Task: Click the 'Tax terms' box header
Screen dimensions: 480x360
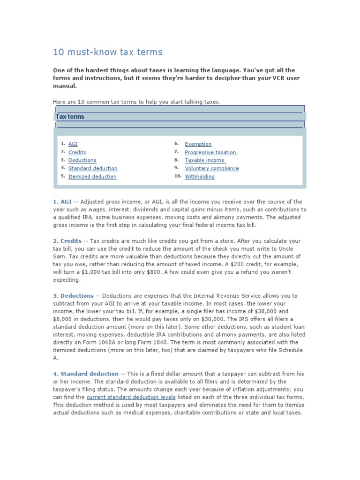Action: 70,117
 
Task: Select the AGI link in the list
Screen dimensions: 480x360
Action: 73,144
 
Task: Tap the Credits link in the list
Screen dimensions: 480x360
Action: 77,152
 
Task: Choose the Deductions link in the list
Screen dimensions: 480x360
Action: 82,160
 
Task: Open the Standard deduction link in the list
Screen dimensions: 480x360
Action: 93,168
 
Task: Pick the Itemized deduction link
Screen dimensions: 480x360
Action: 92,177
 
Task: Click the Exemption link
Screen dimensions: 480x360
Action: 198,144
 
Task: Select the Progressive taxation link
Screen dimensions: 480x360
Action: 211,152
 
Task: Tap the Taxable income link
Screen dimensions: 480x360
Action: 204,160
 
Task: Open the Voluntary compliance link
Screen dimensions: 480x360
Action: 211,168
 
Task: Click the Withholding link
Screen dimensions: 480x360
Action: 200,177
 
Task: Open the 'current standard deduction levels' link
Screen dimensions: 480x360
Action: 131,397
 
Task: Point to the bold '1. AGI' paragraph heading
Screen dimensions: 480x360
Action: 62,202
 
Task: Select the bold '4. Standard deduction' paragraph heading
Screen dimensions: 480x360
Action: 85,374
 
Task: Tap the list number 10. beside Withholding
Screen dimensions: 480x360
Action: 178,176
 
